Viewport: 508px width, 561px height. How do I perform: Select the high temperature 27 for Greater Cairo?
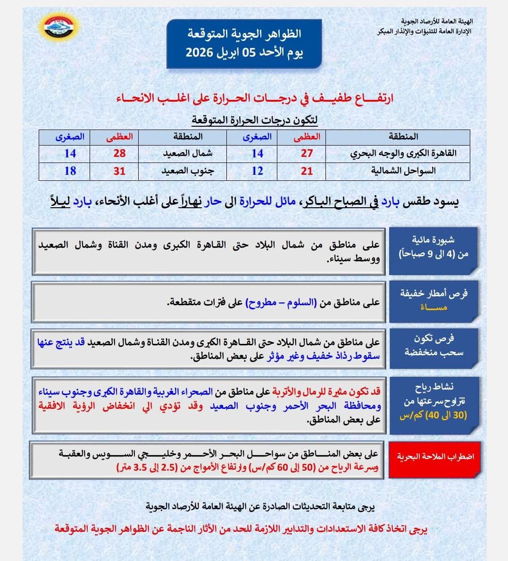point(307,154)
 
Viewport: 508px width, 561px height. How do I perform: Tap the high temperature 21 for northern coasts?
point(307,171)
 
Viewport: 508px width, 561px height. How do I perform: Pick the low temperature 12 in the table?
point(257,171)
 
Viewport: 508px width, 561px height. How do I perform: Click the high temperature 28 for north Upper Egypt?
point(119,154)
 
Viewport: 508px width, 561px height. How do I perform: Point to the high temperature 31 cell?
point(119,171)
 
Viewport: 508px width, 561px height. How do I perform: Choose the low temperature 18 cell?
point(70,171)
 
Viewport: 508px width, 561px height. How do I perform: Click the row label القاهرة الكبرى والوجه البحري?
point(403,154)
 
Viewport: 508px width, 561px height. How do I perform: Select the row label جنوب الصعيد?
point(188,171)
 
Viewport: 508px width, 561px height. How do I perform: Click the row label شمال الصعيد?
point(188,154)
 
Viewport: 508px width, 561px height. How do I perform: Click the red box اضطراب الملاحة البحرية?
point(435,456)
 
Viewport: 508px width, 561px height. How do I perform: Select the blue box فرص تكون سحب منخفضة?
point(433,345)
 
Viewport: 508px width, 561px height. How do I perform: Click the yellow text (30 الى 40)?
point(433,415)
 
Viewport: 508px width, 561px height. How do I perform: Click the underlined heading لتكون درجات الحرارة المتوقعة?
point(254,120)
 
